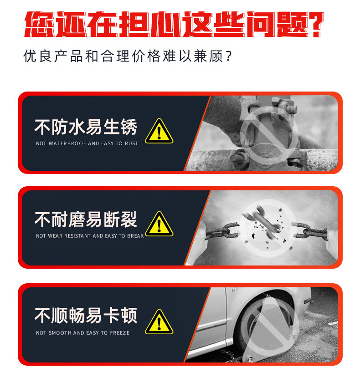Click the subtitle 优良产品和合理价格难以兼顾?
tap(128, 57)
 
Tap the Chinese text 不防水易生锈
tap(85, 127)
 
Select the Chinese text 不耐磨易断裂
tap(85, 220)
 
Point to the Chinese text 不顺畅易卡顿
tap(85, 315)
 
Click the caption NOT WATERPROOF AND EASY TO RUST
tap(87, 143)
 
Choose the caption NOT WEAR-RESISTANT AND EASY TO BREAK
tap(90, 236)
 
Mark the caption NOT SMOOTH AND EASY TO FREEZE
tap(82, 333)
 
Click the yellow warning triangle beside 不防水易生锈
tap(159, 131)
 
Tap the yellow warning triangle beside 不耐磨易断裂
tap(159, 224)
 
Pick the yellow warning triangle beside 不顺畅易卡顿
tap(159, 322)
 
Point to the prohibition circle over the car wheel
tap(269, 324)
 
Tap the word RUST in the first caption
tap(131, 143)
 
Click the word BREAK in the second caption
tap(136, 236)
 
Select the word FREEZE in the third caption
tap(120, 333)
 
